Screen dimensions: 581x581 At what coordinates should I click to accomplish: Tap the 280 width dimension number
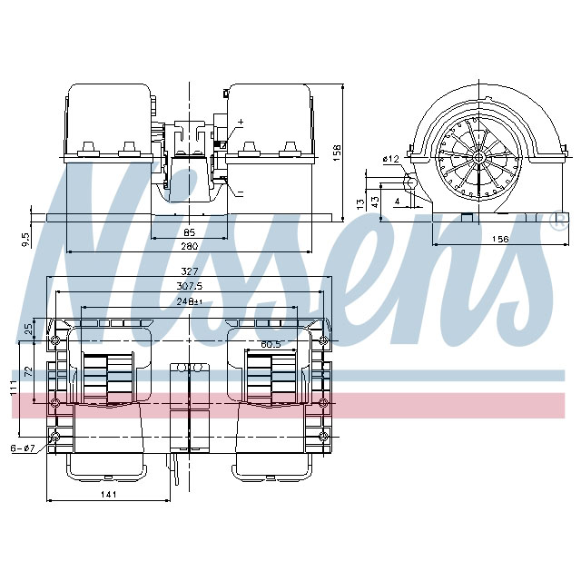pos(189,246)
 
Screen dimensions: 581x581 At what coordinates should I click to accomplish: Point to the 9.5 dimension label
pos(25,238)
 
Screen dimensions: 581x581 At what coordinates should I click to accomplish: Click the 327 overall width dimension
pos(189,271)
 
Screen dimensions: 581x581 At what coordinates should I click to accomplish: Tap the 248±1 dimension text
pos(189,300)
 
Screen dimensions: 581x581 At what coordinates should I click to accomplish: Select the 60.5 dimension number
pos(271,345)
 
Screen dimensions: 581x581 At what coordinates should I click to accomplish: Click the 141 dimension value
pos(108,494)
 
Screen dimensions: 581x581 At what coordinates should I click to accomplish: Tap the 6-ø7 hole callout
pos(21,448)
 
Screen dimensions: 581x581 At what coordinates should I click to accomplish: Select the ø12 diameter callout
pos(391,159)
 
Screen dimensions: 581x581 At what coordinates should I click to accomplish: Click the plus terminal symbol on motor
pos(240,122)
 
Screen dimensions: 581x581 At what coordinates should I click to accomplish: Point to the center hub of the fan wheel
pos(477,157)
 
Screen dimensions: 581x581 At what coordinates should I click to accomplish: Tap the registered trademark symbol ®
pos(556,222)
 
